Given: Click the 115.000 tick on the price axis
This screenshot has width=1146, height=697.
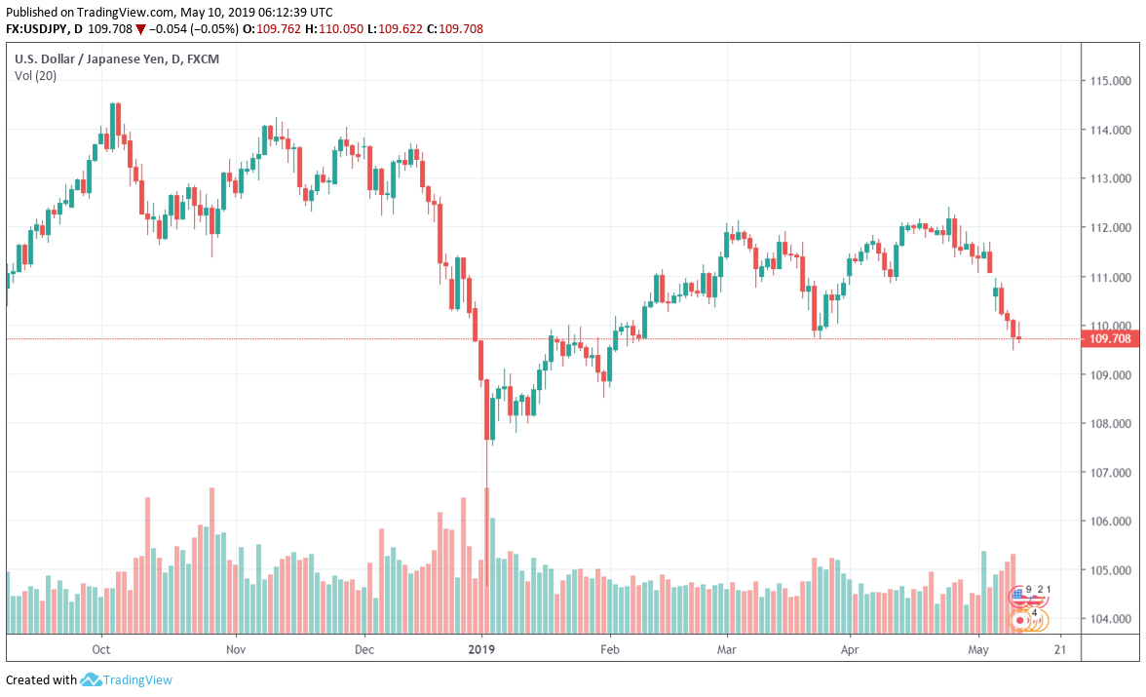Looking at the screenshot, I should pyautogui.click(x=1110, y=81).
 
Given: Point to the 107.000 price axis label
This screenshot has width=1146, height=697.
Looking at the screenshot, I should pyautogui.click(x=1110, y=473).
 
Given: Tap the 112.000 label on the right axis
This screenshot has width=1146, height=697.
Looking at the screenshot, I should pyautogui.click(x=1110, y=228).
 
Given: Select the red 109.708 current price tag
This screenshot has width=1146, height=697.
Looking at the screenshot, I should pyautogui.click(x=1110, y=339).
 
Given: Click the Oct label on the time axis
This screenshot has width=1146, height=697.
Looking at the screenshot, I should pyautogui.click(x=100, y=649).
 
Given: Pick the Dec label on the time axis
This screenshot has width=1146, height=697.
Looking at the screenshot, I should pyautogui.click(x=364, y=649).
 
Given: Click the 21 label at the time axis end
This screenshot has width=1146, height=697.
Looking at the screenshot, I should pyautogui.click(x=1059, y=649).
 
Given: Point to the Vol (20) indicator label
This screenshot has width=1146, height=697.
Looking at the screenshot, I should pyautogui.click(x=35, y=76).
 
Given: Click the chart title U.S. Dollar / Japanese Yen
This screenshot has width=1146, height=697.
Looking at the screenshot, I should pyautogui.click(x=89, y=58).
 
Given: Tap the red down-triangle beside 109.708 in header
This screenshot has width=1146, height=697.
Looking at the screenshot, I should pyautogui.click(x=140, y=29).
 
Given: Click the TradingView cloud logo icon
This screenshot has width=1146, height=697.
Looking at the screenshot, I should pyautogui.click(x=92, y=679).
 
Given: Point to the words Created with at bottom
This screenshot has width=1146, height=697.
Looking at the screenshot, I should pyautogui.click(x=41, y=679).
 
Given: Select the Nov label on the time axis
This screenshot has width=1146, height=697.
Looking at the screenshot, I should pyautogui.click(x=234, y=649).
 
